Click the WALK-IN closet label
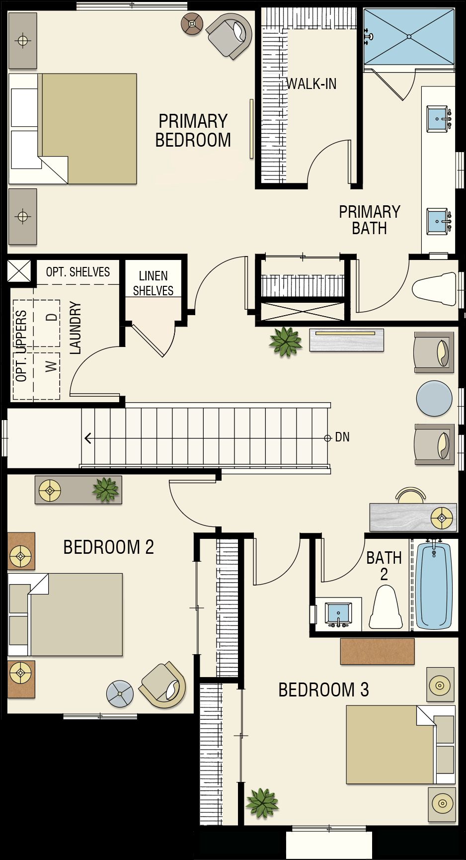[x=311, y=84]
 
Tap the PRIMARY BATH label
[x=370, y=220]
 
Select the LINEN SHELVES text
[x=153, y=283]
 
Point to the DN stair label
[x=342, y=437]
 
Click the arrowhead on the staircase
[x=88, y=438]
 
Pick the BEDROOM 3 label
[x=323, y=690]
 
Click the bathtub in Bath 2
[x=434, y=586]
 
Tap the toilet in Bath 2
[x=386, y=607]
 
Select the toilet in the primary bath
[x=434, y=289]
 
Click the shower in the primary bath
[x=409, y=36]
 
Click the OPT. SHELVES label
[x=78, y=272]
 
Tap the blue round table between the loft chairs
[x=434, y=398]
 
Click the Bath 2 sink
[x=338, y=614]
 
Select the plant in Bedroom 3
[x=262, y=802]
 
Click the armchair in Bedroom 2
[x=162, y=685]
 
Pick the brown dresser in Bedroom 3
[x=377, y=651]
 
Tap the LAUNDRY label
[x=75, y=327]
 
